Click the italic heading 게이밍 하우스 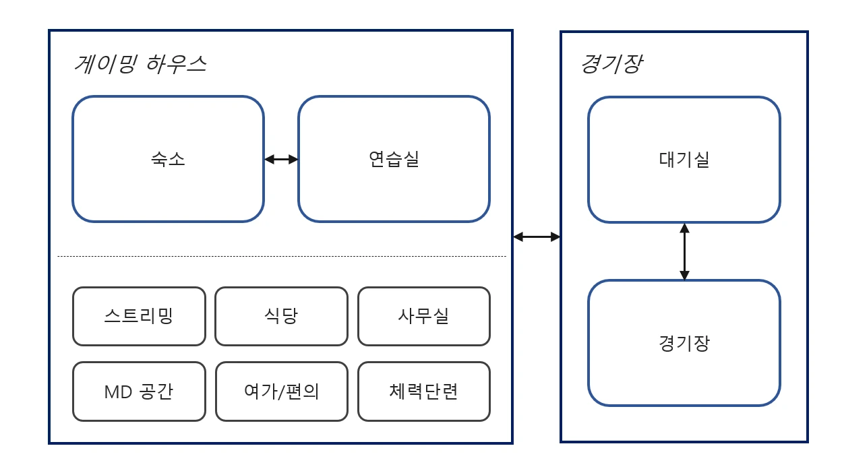[x=140, y=64]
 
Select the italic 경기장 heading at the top [x=611, y=64]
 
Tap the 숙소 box [x=168, y=159]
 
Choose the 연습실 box [x=394, y=159]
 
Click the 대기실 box [x=684, y=160]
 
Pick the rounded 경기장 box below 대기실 [x=684, y=343]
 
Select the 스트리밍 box [x=139, y=316]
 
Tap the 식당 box [x=281, y=316]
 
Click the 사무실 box [x=423, y=316]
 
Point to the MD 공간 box [x=139, y=391]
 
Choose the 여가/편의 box [x=281, y=391]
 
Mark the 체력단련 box [x=423, y=391]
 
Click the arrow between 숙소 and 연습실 [x=281, y=160]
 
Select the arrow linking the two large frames [x=537, y=236]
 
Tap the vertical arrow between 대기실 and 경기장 [x=684, y=251]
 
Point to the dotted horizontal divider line [x=281, y=256]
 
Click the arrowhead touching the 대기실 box [x=684, y=228]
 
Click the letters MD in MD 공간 [x=118, y=392]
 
